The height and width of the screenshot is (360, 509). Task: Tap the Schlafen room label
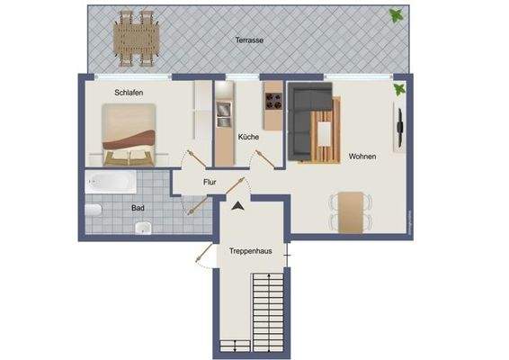click(129, 93)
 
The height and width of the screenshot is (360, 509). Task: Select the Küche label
click(248, 137)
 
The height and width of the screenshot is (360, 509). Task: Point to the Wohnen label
click(362, 157)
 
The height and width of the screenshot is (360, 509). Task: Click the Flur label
click(210, 182)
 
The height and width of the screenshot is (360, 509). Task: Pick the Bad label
click(138, 207)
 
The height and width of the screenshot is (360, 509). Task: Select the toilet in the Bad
click(94, 211)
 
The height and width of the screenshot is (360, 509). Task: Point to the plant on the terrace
click(395, 14)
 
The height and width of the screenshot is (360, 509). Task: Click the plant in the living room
click(398, 89)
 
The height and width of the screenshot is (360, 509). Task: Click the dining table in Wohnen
click(349, 209)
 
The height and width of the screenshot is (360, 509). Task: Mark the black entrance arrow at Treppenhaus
click(237, 206)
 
